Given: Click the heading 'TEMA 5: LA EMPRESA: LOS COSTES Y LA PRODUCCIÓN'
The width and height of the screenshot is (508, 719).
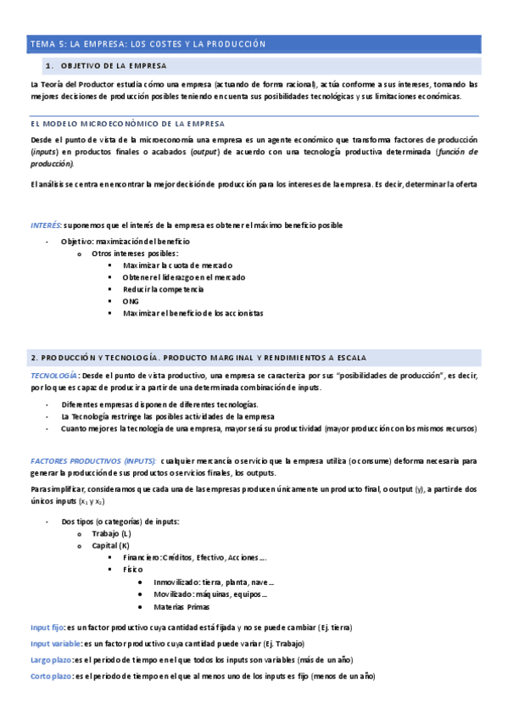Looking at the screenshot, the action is pos(148,43).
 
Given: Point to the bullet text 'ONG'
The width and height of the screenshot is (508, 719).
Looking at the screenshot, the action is pos(130,301).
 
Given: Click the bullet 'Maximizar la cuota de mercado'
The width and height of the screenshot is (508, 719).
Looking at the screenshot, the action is pos(177,265).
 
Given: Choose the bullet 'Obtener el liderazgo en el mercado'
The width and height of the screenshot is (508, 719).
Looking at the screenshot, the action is pos(184,277).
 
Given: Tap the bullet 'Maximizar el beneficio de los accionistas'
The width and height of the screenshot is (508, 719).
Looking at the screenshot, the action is pos(193,313).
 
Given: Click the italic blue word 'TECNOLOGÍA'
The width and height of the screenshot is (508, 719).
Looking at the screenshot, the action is pos(54,375).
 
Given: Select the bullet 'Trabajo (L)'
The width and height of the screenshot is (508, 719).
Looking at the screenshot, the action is pos(111,533).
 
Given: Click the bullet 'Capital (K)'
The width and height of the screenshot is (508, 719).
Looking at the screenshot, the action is pos(111,545).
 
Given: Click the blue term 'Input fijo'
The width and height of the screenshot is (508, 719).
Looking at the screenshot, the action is pos(47,627).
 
